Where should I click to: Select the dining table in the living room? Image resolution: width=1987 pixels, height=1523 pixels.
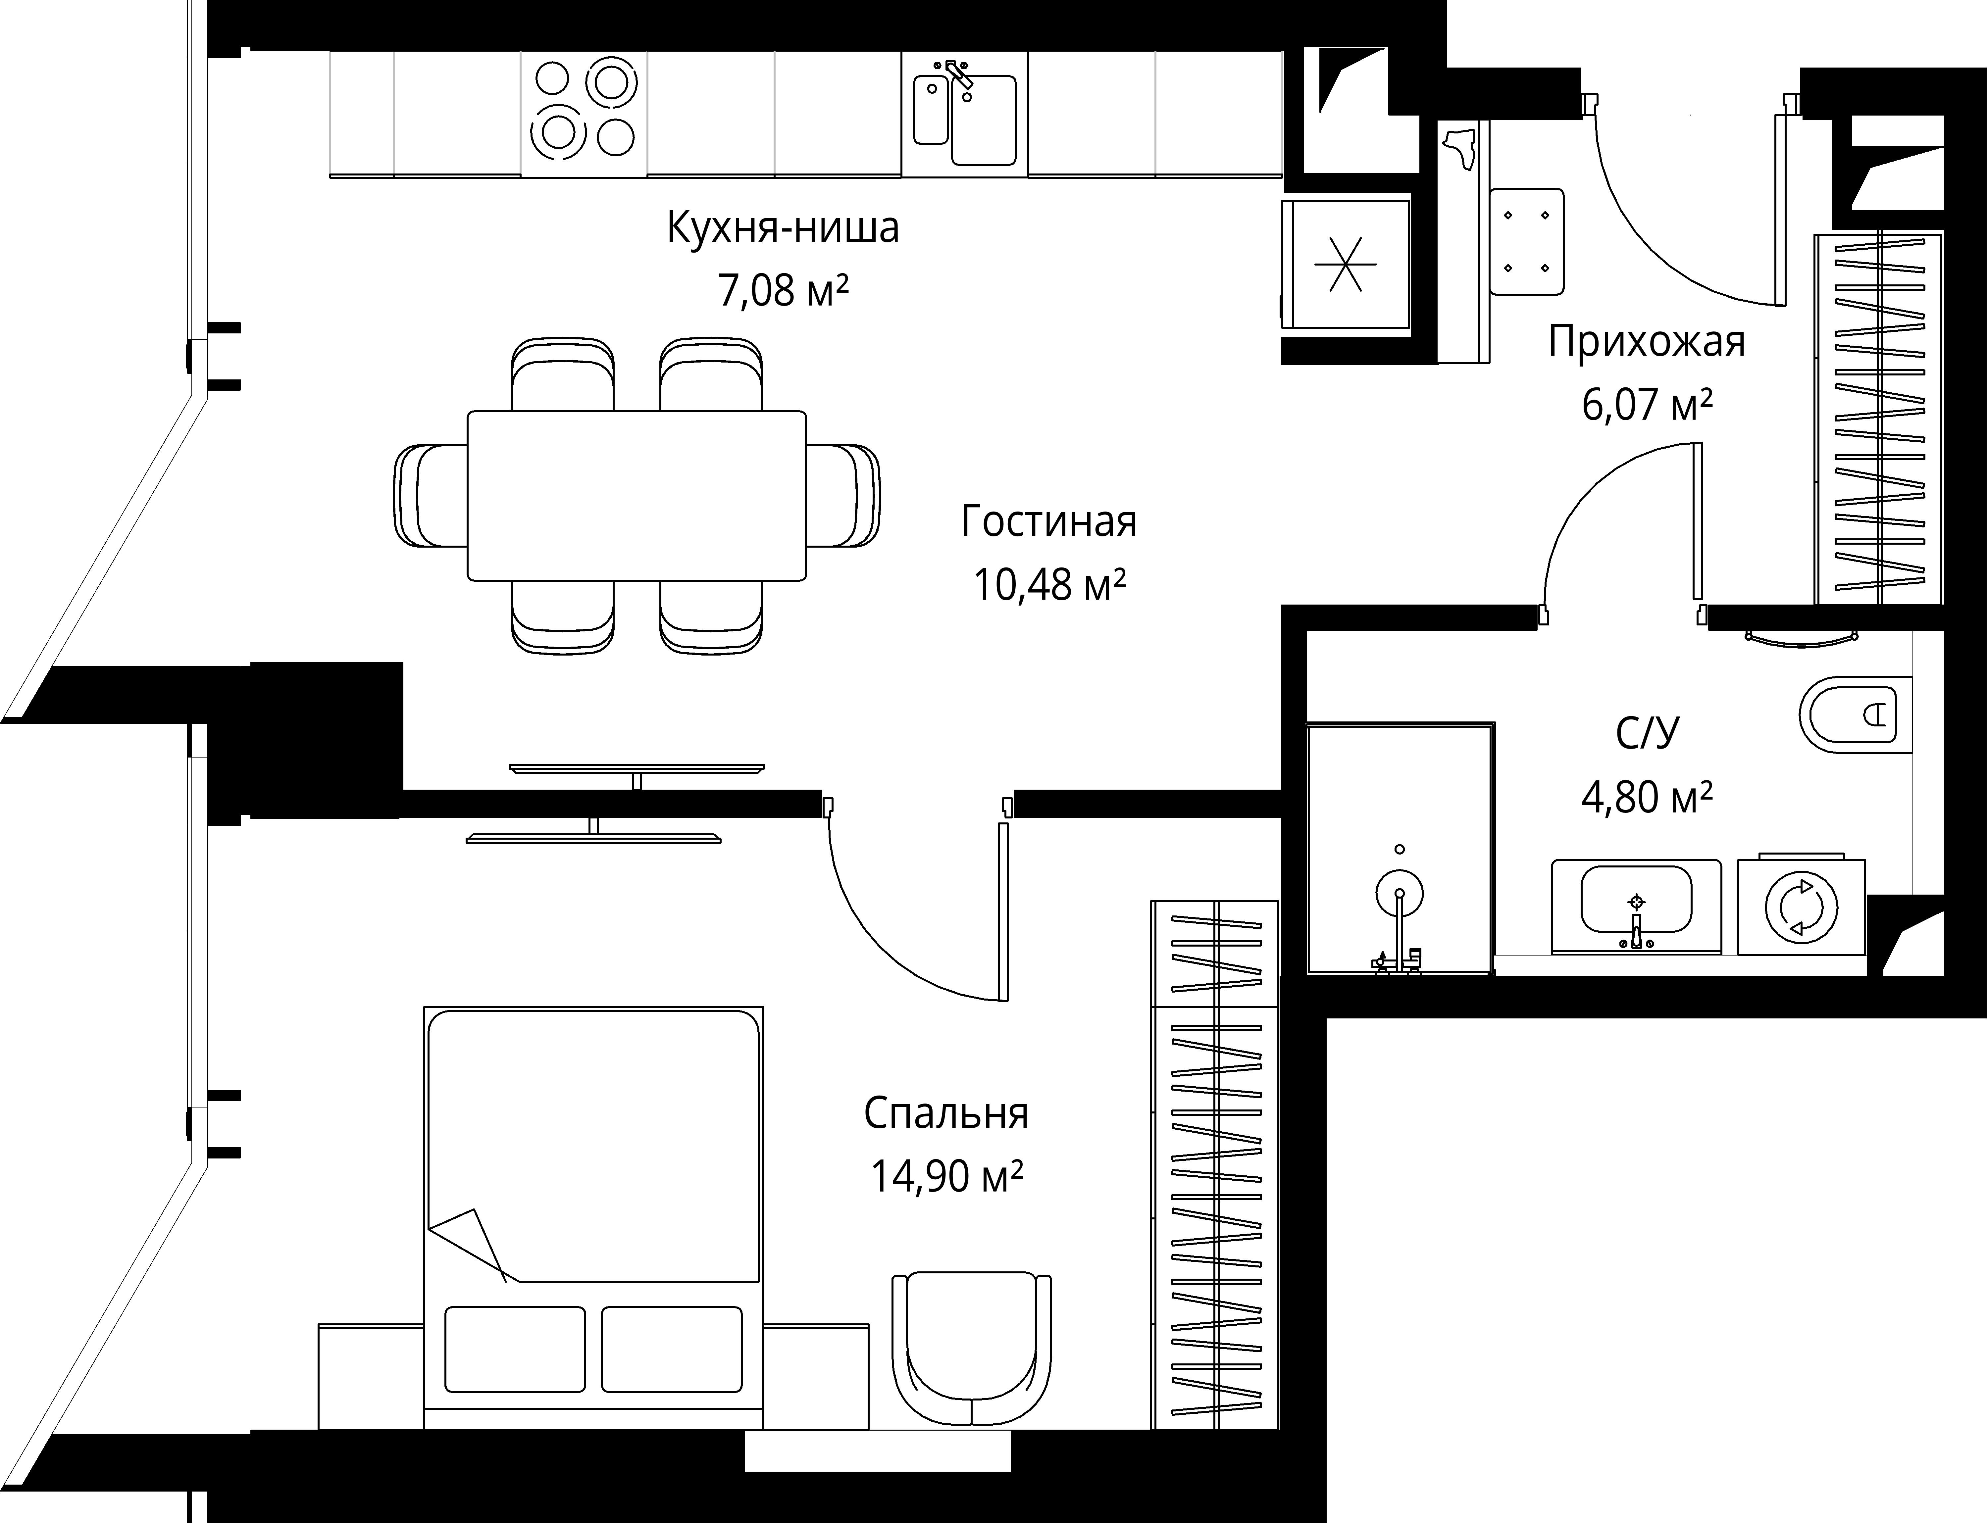coord(637,496)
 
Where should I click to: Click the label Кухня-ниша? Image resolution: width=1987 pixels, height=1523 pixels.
coord(783,228)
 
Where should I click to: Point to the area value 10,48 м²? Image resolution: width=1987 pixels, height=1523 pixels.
coord(1049,586)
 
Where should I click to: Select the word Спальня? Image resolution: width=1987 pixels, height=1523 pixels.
coord(946,1114)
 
